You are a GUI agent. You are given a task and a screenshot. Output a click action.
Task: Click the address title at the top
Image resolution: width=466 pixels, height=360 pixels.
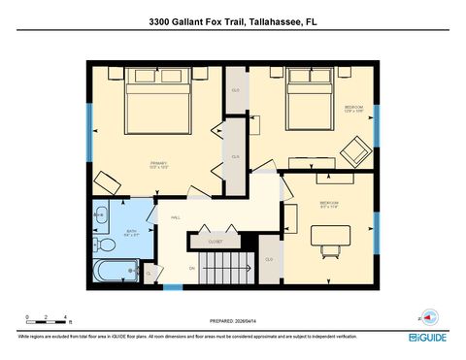[x=232, y=20]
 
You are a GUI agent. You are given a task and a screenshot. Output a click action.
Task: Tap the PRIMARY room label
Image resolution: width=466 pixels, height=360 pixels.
[x=159, y=164]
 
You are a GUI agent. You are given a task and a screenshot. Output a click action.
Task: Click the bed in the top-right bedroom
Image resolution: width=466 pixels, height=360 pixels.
[x=311, y=98]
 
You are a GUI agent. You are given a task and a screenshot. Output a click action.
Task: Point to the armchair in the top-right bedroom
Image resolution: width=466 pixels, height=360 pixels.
[x=354, y=151]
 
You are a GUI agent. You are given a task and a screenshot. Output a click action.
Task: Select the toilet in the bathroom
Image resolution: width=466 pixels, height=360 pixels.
[x=100, y=214]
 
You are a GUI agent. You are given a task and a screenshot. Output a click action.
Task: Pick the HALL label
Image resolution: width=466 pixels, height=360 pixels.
[x=176, y=217]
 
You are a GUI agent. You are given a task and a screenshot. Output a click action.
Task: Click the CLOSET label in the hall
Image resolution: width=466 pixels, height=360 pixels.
[x=215, y=242]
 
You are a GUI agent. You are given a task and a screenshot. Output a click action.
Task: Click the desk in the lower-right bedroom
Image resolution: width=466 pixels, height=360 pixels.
[x=331, y=236]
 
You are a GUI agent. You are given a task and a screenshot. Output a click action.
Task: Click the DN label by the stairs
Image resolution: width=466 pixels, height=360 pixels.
[x=192, y=267]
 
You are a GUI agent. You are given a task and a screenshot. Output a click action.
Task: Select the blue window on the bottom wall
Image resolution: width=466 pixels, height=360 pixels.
[x=173, y=287]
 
